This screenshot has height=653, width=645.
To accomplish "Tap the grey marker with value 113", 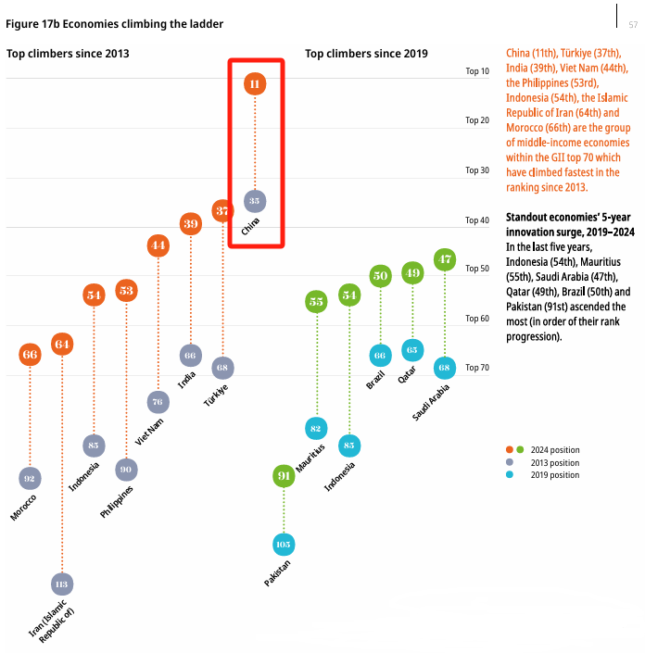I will pos(62,584).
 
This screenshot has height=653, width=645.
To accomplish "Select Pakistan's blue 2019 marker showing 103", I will pos(284,544).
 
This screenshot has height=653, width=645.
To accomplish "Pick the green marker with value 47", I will pos(445,259).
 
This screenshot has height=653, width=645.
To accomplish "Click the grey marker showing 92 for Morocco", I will pos(30,478).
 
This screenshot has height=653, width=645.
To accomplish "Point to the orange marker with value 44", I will pos(158,245).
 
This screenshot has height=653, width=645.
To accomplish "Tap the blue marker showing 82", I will pos(316,428).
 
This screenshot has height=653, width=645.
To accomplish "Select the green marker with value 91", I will pos(284,476).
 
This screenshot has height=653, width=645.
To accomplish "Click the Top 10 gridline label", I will pos(477,70).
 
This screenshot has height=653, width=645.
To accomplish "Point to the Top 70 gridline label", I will pos(477,368).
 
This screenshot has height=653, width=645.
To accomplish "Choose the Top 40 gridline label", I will pos(477,220).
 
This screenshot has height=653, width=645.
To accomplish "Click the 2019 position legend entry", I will pos(554,475).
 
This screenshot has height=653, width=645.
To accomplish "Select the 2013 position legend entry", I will pos(554,462).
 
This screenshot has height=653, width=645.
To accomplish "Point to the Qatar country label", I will pos(406,379).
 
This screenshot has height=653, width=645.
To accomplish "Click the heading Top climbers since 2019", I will pos(366,54).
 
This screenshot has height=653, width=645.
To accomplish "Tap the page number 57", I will pos(633,23).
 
